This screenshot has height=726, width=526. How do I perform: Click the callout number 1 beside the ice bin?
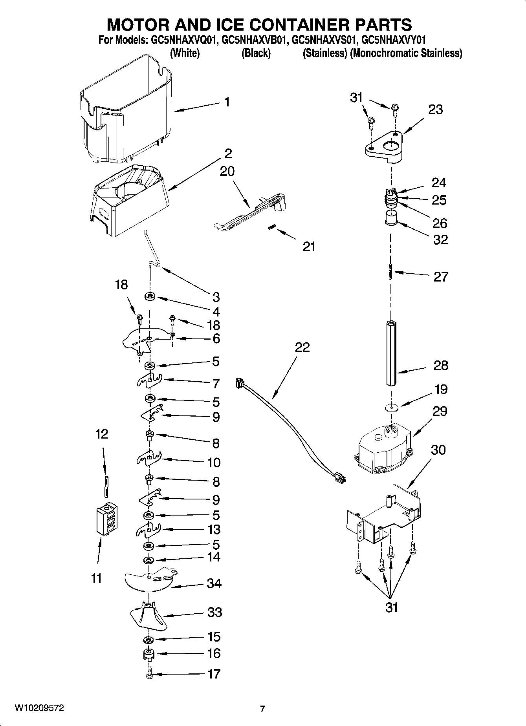[227, 102]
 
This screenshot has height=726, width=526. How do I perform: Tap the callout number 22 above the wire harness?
[302, 347]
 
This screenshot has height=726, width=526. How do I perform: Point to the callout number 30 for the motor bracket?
[438, 450]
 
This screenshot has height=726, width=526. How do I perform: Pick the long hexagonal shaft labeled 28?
[391, 353]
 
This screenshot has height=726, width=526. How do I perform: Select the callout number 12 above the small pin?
[101, 434]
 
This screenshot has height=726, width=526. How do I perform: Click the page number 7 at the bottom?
[262, 709]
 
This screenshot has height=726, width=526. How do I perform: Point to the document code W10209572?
[39, 708]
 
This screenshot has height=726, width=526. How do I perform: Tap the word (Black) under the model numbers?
[256, 53]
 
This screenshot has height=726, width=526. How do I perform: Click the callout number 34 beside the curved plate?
[214, 583]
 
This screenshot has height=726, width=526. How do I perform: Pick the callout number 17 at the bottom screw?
[214, 674]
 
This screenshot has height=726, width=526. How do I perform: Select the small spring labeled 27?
[390, 271]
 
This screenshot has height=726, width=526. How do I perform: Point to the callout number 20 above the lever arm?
[227, 171]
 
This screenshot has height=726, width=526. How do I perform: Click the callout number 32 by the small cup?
[440, 240]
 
